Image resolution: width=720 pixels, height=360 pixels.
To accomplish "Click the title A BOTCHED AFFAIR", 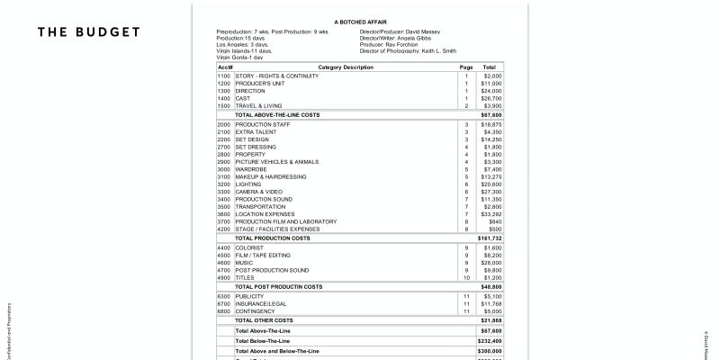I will (360, 21).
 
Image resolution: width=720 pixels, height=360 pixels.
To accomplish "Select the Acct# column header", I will (225, 67).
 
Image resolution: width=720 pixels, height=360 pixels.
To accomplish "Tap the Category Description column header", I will (346, 67).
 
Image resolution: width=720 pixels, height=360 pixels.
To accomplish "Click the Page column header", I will (466, 67).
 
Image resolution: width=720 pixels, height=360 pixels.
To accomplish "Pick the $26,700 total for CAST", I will (491, 98).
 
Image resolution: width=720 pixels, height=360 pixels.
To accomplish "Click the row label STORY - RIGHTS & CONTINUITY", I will (277, 76).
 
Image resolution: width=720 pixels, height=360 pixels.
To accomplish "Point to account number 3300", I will (224, 192).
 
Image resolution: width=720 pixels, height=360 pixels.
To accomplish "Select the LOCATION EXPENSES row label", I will (266, 214).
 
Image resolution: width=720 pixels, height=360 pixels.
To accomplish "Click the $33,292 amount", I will (491, 214).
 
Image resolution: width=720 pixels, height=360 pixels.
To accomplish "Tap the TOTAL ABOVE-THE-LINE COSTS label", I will (278, 115).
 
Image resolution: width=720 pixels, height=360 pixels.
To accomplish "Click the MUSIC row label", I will (246, 262).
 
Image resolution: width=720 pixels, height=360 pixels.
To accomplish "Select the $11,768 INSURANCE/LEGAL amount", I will (491, 303).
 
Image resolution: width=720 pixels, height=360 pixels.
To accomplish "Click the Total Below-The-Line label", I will (262, 341).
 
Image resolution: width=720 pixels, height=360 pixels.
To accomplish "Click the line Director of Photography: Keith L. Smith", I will (408, 51).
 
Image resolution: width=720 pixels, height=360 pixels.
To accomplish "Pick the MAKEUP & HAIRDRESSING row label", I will (273, 176).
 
